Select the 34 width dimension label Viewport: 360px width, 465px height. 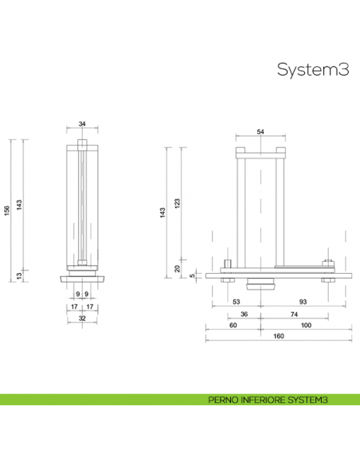click(x=82, y=124)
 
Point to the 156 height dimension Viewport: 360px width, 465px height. click(x=6, y=209)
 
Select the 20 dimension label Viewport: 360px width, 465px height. click(x=178, y=268)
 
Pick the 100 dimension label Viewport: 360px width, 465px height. click(x=307, y=326)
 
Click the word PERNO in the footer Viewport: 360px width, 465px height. click(x=223, y=401)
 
